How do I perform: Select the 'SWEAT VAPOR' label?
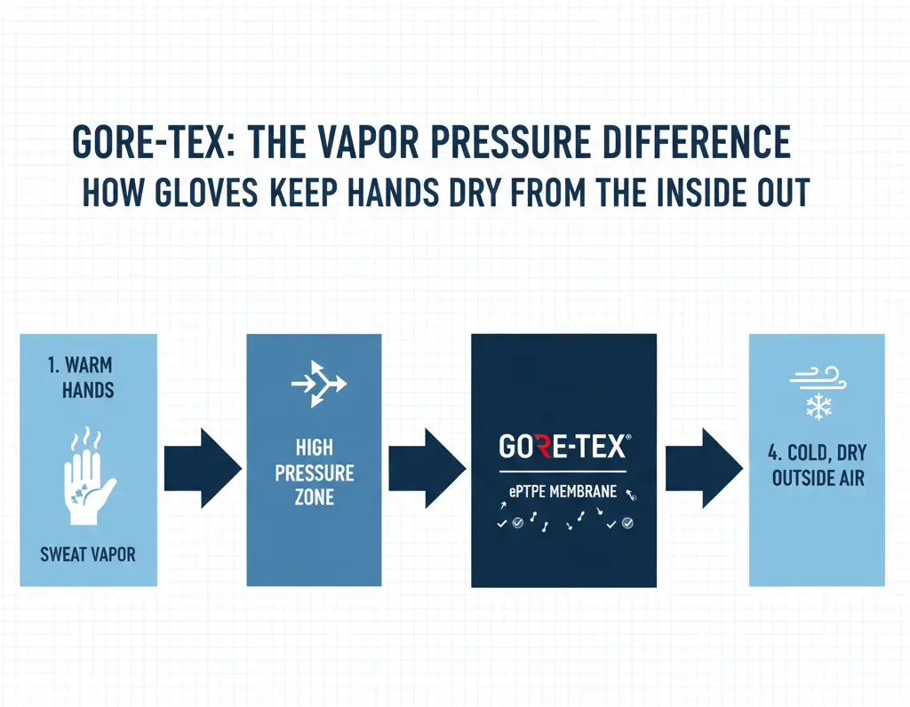click(x=88, y=555)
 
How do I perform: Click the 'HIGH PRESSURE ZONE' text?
click(x=315, y=472)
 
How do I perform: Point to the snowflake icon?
click(x=816, y=407)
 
